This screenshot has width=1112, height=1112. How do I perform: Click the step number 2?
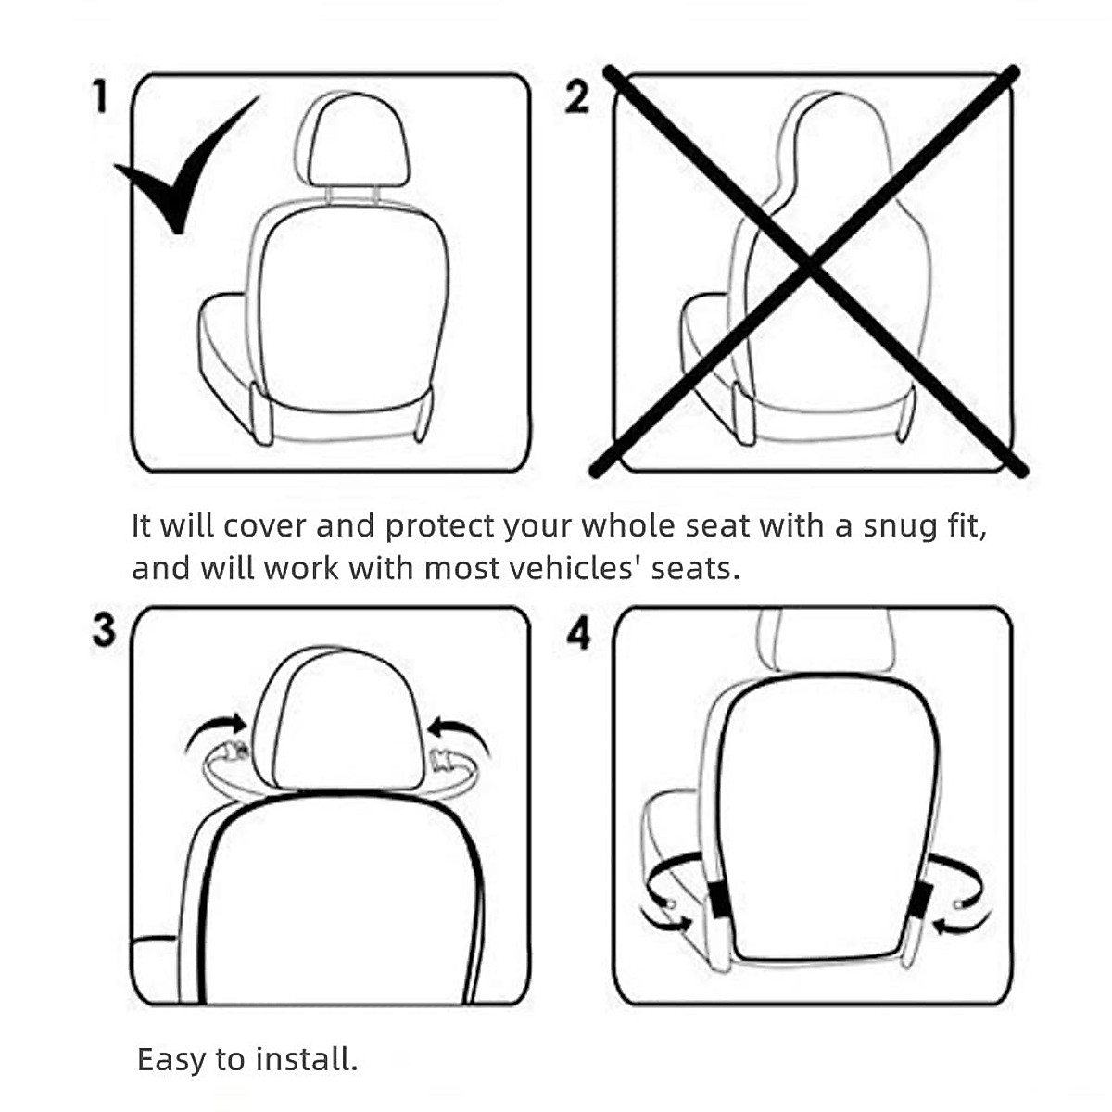pos(576,97)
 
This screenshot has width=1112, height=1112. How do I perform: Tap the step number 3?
pos(104,629)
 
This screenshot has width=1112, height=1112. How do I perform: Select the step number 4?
pos(578,634)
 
